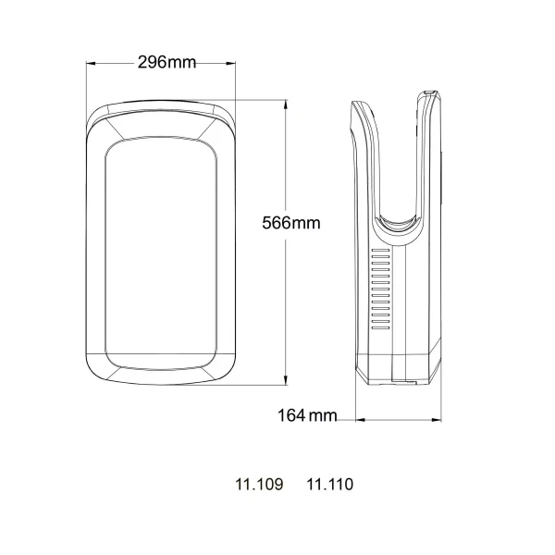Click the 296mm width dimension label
(166, 63)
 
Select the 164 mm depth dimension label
(307, 416)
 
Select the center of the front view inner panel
(161, 245)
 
